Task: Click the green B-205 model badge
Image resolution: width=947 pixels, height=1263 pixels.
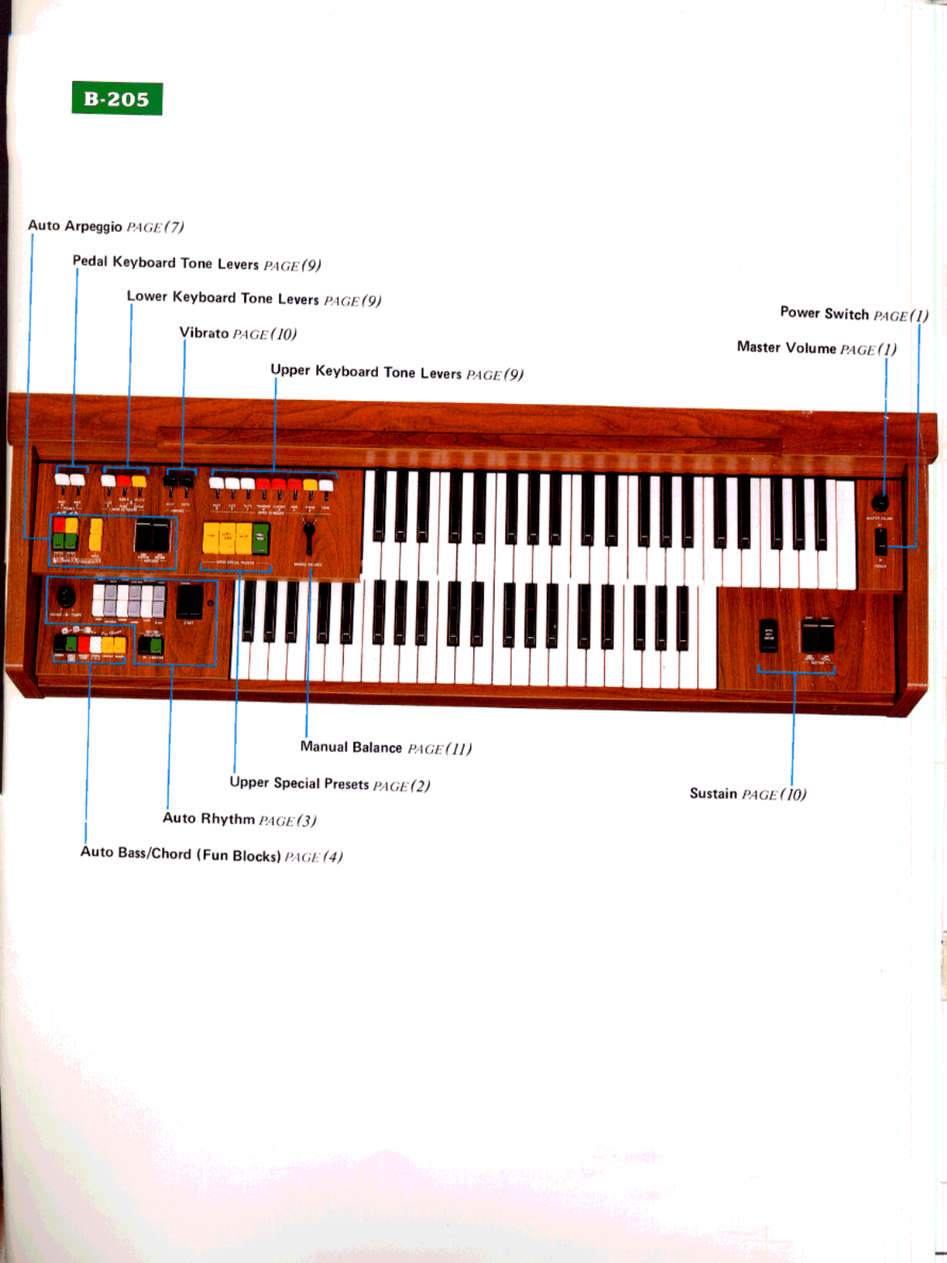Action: click(x=117, y=99)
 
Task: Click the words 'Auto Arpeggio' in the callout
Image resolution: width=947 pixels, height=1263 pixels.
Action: click(x=75, y=226)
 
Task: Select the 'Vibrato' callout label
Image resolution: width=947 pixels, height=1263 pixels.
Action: click(x=204, y=333)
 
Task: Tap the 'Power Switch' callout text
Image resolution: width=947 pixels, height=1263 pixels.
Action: click(x=824, y=313)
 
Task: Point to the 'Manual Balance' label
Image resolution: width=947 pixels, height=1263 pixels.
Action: click(x=351, y=747)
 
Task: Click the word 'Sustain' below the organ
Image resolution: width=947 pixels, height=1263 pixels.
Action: click(x=713, y=793)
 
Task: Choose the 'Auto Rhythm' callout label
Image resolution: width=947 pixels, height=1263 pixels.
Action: click(x=208, y=818)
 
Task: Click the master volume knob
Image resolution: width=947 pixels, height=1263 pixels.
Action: click(x=880, y=502)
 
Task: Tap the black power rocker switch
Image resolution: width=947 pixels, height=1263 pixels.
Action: click(x=881, y=542)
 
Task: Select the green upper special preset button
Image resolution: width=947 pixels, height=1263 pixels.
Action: click(x=260, y=537)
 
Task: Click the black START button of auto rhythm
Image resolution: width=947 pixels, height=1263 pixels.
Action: click(x=190, y=602)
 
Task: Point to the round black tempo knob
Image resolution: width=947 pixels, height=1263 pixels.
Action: click(x=65, y=598)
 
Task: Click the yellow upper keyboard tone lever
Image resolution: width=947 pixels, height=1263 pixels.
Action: click(x=310, y=486)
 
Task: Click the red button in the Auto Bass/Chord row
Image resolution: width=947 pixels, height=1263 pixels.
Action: click(x=84, y=645)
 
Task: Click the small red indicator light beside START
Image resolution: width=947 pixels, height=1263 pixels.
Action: click(x=211, y=603)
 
